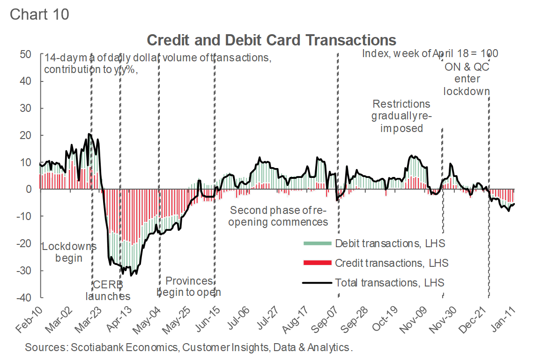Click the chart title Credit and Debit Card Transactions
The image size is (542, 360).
tap(272, 40)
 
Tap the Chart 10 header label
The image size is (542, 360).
tap(39, 14)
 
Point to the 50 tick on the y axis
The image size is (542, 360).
tap(26, 54)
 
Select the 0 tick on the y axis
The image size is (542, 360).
tap(29, 190)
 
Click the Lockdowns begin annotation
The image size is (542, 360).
tap(69, 252)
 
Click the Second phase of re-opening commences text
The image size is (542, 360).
tap(278, 216)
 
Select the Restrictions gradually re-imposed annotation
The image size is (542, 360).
tap(401, 116)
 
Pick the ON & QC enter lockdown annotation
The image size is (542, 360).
tap(467, 79)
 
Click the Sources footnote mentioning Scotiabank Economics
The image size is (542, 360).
tap(188, 347)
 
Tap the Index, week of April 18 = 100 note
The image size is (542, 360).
tap(430, 53)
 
